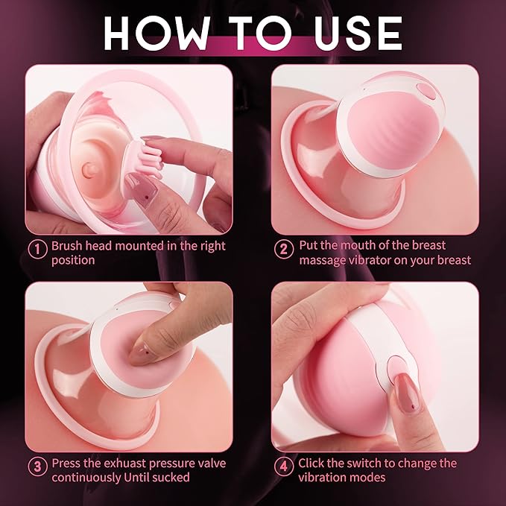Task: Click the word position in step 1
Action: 73,260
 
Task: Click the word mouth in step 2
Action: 357,244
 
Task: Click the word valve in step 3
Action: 211,463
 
